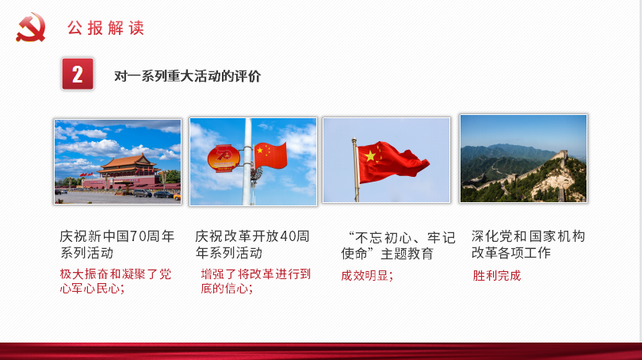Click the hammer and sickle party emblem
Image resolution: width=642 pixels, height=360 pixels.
31,28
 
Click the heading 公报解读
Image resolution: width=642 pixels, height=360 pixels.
105,29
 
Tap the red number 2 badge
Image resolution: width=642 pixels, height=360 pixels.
77,75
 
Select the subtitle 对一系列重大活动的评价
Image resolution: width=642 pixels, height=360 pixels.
188,76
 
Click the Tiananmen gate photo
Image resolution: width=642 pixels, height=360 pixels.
117,161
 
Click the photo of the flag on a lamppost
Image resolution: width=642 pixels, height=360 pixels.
253,161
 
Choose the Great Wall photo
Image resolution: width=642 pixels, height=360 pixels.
523,159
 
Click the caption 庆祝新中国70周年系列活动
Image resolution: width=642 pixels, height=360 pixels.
117,245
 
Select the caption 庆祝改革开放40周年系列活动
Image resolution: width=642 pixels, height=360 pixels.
252,245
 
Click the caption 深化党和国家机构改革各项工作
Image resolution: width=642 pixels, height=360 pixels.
528,245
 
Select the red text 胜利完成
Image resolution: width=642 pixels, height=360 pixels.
497,276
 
